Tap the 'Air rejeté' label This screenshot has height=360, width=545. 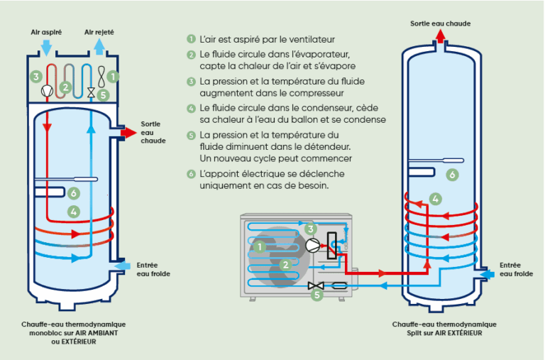[x=99, y=32]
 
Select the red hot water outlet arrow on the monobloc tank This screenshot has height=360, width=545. [x=129, y=133]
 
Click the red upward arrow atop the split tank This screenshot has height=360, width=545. [x=440, y=37]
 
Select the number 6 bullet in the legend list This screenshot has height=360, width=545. [x=191, y=173]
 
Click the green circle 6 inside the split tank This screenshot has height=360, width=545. [x=452, y=174]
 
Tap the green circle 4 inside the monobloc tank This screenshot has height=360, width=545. [x=73, y=211]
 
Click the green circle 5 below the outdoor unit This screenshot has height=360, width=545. [x=317, y=293]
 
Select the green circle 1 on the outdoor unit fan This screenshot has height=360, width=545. [x=260, y=246]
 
